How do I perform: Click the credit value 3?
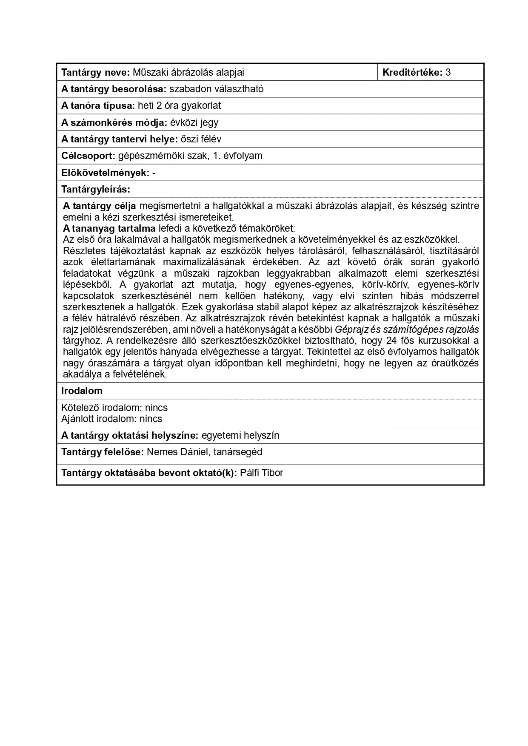pyautogui.click(x=448, y=72)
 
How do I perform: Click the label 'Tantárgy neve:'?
pyautogui.click(x=95, y=72)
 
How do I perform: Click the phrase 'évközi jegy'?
pyautogui.click(x=194, y=122)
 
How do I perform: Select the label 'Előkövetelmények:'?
pyautogui.click(x=105, y=173)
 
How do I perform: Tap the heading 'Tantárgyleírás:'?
pyautogui.click(x=96, y=189)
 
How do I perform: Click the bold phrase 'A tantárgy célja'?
pyautogui.click(x=100, y=206)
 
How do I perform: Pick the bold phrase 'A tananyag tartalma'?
pyautogui.click(x=109, y=228)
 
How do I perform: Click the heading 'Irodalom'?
pyautogui.click(x=82, y=391)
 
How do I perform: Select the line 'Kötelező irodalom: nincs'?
pyautogui.click(x=114, y=408)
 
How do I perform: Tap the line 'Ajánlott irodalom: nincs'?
pyautogui.click(x=111, y=419)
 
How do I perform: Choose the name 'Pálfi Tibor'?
pyautogui.click(x=261, y=473)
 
